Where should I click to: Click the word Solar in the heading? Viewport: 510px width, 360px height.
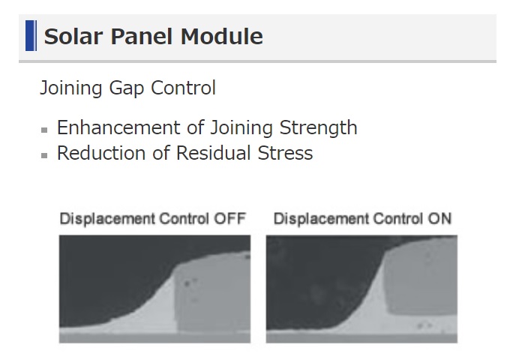73,37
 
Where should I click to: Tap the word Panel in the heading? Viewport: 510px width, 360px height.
142,37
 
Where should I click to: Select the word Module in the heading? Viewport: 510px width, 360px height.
222,37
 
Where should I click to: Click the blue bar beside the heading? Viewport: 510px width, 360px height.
31,36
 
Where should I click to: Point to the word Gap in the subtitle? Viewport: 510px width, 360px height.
126,88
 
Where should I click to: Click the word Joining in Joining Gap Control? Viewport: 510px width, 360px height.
71,88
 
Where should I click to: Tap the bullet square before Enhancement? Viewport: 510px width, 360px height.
44,130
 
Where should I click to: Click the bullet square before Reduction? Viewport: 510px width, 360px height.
44,156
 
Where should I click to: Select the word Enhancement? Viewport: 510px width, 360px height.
118,127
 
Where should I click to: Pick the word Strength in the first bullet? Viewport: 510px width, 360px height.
319,127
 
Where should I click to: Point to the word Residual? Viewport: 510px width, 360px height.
213,153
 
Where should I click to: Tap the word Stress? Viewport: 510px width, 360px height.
285,153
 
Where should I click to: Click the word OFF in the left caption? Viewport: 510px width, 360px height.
229,218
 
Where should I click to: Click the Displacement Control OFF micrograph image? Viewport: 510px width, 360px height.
154,289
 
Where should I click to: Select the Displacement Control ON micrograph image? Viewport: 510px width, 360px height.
361,289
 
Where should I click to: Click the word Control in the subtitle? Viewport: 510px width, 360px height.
183,88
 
